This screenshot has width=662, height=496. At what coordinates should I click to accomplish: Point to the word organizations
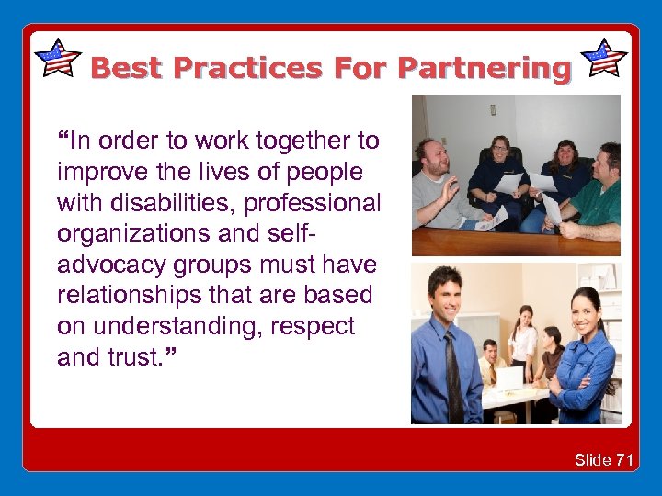point(123,233)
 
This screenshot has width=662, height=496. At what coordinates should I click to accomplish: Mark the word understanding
point(192,327)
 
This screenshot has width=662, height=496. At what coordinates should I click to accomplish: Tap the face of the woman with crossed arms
point(585,311)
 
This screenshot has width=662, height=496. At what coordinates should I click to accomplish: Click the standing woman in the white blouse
point(525,340)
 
